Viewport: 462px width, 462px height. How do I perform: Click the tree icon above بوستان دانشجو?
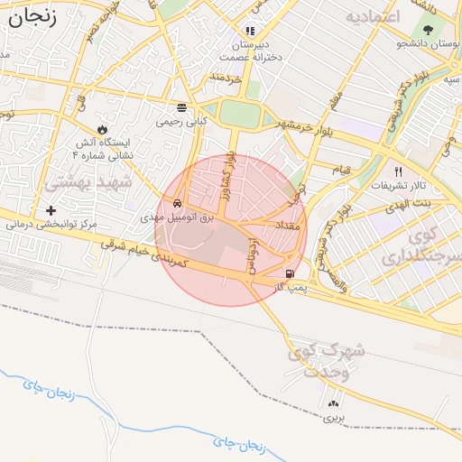(427, 29)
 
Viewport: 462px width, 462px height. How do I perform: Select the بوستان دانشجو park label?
(429, 42)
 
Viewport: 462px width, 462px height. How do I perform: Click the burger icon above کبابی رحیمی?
(182, 106)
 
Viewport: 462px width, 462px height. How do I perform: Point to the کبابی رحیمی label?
(182, 120)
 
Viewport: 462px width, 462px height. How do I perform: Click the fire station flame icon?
(101, 129)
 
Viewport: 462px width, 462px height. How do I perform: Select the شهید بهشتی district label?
(88, 181)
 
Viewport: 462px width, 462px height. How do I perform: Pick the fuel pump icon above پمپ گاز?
(289, 274)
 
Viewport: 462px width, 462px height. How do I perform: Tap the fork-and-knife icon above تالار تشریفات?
(397, 171)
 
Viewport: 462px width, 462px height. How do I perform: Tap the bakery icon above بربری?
(334, 403)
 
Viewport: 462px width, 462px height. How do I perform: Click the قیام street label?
(341, 170)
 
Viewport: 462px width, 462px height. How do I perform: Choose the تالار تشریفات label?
(398, 185)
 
